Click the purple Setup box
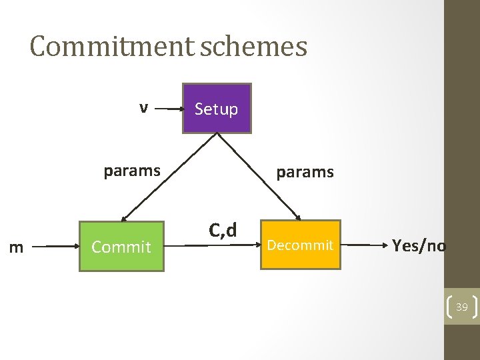coord(217,109)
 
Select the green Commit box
coord(121,246)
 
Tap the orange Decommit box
coord(300,245)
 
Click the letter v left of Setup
coord(143,107)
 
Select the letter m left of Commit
coord(17,248)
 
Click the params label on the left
coord(132,171)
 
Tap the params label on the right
coord(305,172)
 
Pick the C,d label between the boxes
coord(223,230)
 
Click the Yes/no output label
coord(419,246)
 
